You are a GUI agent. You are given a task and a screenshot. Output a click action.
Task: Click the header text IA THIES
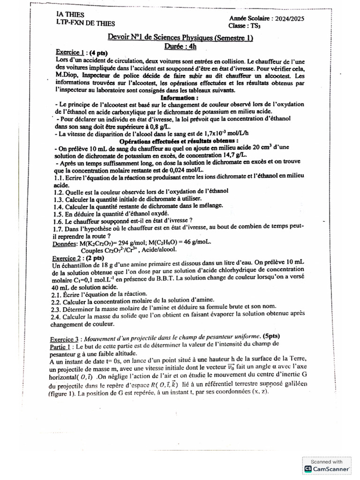[70, 15]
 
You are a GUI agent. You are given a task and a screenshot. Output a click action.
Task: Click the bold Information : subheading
[180, 97]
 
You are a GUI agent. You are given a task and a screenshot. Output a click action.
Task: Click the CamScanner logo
[327, 468]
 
